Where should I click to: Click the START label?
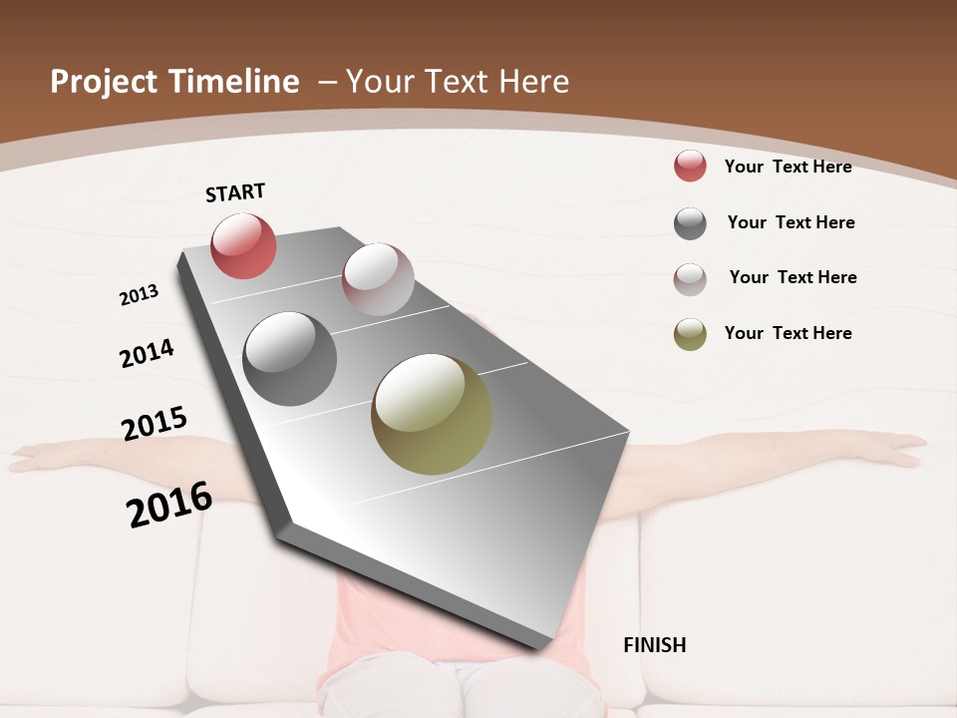(x=235, y=192)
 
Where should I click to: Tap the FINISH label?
(x=655, y=645)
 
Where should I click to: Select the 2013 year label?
(x=139, y=295)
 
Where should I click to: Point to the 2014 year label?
(x=147, y=353)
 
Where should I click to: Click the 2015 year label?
(x=155, y=423)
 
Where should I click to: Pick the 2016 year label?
(x=169, y=505)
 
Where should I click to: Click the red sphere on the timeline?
(x=243, y=245)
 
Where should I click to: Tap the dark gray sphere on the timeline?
(x=289, y=359)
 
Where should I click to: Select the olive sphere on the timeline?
(x=432, y=414)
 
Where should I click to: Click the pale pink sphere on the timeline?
(x=378, y=279)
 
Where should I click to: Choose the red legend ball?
(x=690, y=166)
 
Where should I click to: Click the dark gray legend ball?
(x=690, y=223)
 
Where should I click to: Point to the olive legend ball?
(x=690, y=334)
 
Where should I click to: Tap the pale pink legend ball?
(x=690, y=279)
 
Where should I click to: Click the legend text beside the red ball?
(x=788, y=167)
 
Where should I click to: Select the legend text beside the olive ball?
(x=788, y=333)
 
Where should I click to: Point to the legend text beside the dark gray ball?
(x=791, y=222)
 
